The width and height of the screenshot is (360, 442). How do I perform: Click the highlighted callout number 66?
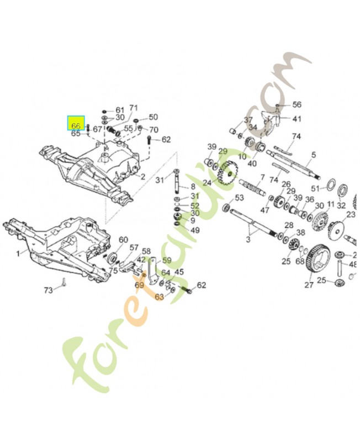tap(76, 125)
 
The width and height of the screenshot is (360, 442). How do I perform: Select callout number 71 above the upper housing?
tap(133, 108)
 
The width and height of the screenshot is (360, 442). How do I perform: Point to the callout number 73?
tap(49, 290)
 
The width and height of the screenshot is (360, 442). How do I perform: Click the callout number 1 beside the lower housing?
tap(18, 253)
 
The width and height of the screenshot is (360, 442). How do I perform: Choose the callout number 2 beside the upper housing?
tap(142, 177)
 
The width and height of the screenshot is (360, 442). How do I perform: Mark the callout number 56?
tap(297, 104)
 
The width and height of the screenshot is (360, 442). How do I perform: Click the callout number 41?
tap(297, 119)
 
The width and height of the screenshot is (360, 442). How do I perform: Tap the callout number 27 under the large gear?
tap(309, 285)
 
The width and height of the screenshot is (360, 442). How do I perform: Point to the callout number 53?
tap(239, 197)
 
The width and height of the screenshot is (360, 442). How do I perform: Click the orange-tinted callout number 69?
tap(139, 285)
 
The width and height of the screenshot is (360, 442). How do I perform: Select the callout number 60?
tap(123, 239)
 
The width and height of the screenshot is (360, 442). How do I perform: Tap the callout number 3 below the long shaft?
tap(248, 239)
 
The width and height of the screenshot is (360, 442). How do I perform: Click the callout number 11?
tap(330, 204)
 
